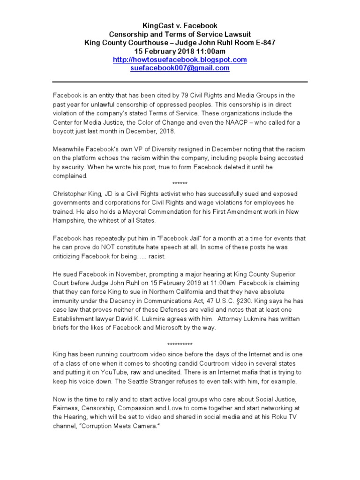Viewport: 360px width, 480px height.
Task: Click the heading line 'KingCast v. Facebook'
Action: coord(180,25)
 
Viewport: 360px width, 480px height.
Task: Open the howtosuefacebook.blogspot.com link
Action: coord(180,60)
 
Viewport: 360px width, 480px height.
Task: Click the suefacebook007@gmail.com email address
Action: coord(180,68)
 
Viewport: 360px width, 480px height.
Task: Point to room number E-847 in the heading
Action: coord(263,43)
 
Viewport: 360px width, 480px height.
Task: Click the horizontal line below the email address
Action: coord(180,82)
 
